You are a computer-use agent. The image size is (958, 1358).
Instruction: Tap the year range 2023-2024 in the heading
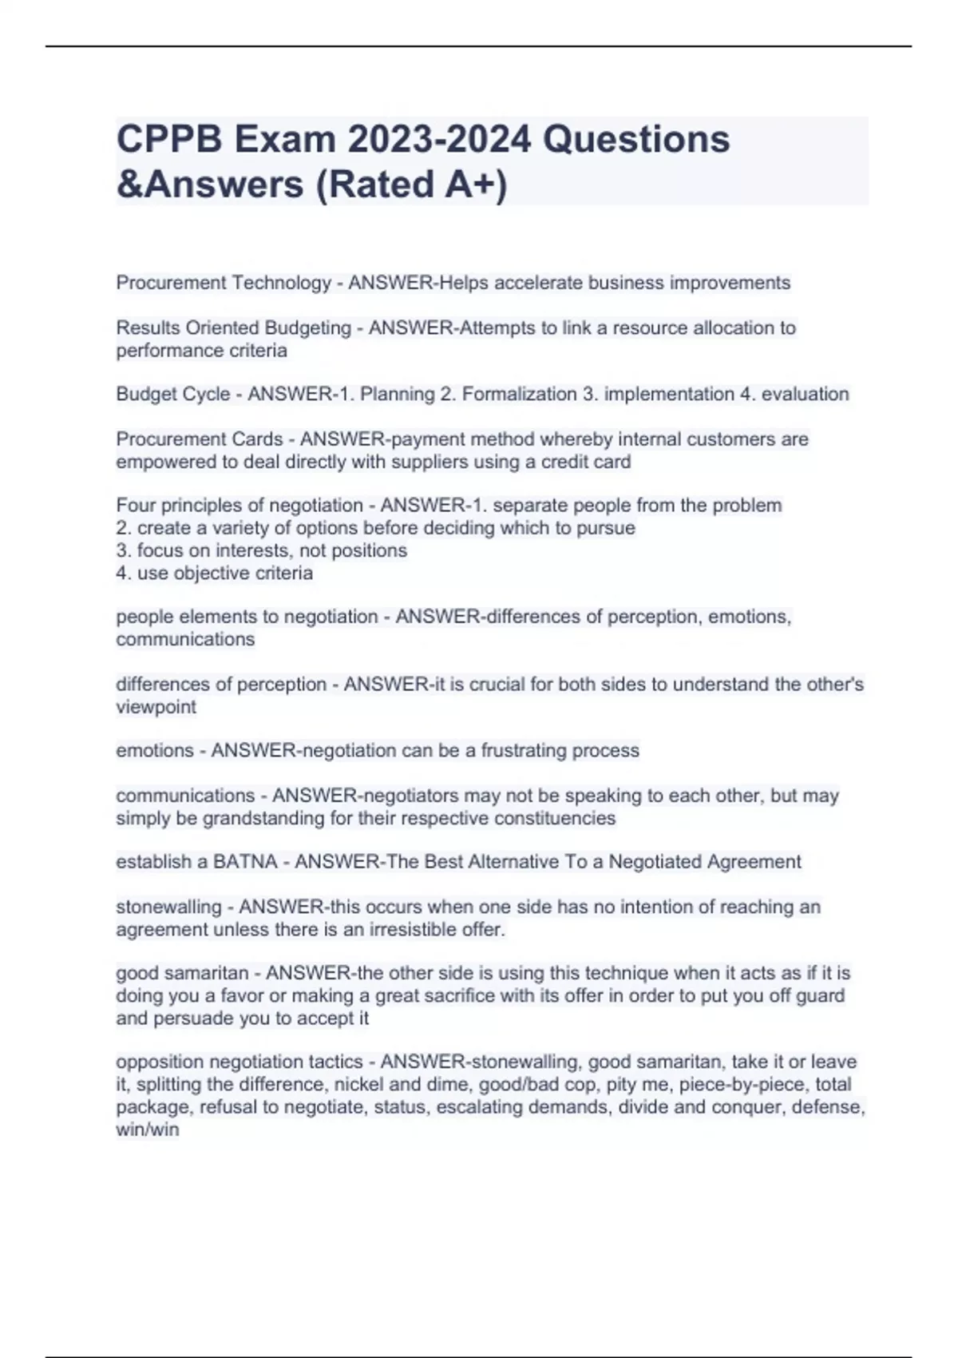tap(438, 140)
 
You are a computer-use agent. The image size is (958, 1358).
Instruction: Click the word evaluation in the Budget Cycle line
tap(805, 395)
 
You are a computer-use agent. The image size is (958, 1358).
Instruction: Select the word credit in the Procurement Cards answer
tap(566, 462)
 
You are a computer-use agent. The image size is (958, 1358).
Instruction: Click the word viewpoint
tap(156, 707)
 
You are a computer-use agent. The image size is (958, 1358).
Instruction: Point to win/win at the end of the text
tap(148, 1130)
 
